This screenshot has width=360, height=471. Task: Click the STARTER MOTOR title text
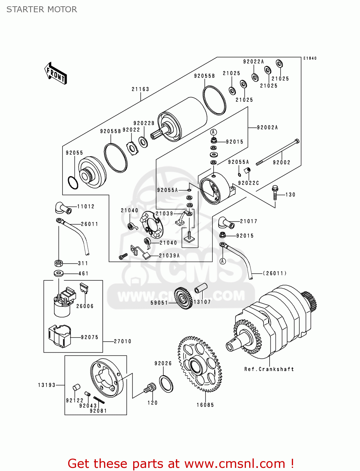click(x=42, y=9)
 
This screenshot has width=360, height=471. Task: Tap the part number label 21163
click(x=140, y=89)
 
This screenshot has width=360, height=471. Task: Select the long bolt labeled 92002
click(x=278, y=152)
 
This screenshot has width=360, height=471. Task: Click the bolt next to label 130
click(x=275, y=193)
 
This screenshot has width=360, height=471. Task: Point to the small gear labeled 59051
click(x=183, y=298)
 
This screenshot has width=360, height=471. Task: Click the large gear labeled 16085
click(x=200, y=364)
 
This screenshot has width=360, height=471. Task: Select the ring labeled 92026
click(x=166, y=384)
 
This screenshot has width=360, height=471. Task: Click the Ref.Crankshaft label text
click(x=269, y=369)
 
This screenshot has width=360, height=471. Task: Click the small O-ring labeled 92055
click(x=73, y=183)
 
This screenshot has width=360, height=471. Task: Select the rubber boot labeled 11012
click(x=63, y=208)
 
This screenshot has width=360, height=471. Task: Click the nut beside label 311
click(x=58, y=263)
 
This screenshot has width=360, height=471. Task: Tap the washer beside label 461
click(x=58, y=273)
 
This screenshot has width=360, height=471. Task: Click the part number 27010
click(x=123, y=341)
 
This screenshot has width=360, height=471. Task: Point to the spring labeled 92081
click(x=99, y=400)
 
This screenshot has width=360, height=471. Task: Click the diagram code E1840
click(x=310, y=58)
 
